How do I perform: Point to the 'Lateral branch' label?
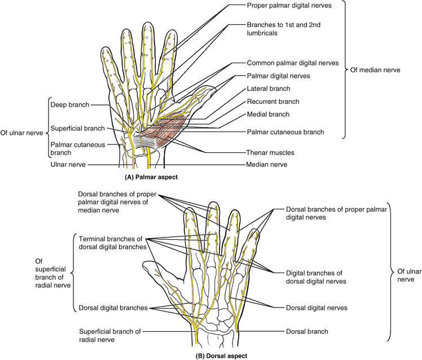tap(268, 89)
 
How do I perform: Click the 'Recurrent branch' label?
tap(272, 102)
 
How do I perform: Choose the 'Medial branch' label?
tap(268, 114)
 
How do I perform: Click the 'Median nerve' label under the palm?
tap(266, 165)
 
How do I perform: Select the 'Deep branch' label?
tap(69, 105)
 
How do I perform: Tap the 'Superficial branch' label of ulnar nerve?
tap(78, 128)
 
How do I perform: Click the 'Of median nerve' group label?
tap(375, 70)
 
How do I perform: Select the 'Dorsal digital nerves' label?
tap(313, 308)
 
